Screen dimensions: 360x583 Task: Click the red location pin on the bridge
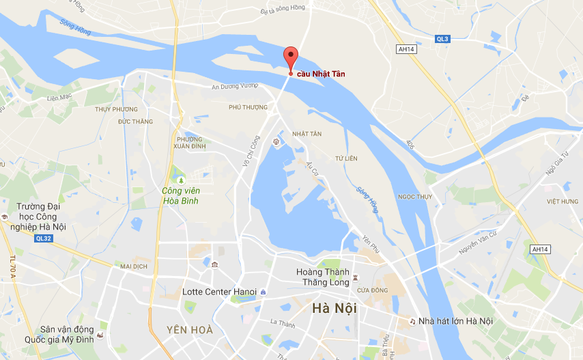click(x=291, y=57)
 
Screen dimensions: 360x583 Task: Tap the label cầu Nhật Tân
click(x=320, y=74)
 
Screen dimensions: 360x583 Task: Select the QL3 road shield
click(x=442, y=39)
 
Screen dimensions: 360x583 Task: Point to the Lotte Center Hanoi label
click(x=220, y=292)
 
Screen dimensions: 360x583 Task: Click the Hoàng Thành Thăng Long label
click(x=323, y=277)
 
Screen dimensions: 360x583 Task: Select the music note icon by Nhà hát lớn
click(x=412, y=321)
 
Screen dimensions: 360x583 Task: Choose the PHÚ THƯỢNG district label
click(x=248, y=107)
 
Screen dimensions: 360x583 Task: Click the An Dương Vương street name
click(x=236, y=86)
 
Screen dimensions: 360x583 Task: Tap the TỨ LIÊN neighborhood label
click(x=346, y=158)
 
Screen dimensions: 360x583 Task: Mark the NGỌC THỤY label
click(x=415, y=197)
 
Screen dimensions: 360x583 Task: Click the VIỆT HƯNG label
click(x=562, y=202)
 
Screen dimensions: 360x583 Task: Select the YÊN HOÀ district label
click(x=190, y=330)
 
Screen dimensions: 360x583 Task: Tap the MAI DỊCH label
click(x=134, y=266)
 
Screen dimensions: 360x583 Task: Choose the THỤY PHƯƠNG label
click(x=116, y=109)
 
